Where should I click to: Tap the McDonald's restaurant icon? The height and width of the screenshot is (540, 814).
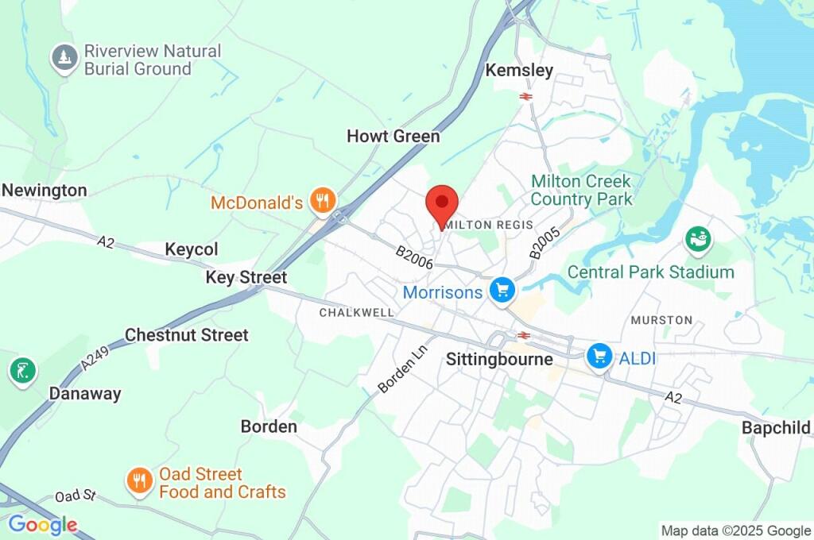[x=322, y=202]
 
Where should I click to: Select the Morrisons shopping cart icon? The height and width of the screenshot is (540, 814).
[x=502, y=291]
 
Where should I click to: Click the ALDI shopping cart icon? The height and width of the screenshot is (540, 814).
[x=599, y=357]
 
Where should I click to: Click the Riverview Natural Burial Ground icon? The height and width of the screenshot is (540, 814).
[x=64, y=58]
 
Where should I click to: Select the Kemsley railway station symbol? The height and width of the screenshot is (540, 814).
[x=525, y=96]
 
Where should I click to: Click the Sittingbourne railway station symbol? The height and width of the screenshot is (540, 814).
[x=523, y=335]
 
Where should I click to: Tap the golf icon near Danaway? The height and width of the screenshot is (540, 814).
[x=22, y=370]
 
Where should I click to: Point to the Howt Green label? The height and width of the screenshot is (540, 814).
[x=393, y=137]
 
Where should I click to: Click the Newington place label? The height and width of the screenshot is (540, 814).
[x=44, y=191]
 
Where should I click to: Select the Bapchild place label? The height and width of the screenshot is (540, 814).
[x=776, y=427]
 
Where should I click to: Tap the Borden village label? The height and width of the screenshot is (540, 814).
[x=269, y=426]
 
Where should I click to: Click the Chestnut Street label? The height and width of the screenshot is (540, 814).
[x=187, y=335]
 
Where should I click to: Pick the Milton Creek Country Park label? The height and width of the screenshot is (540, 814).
[x=581, y=190]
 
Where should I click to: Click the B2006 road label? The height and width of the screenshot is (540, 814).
[x=414, y=256]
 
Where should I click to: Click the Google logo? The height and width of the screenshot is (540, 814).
[x=42, y=525]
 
